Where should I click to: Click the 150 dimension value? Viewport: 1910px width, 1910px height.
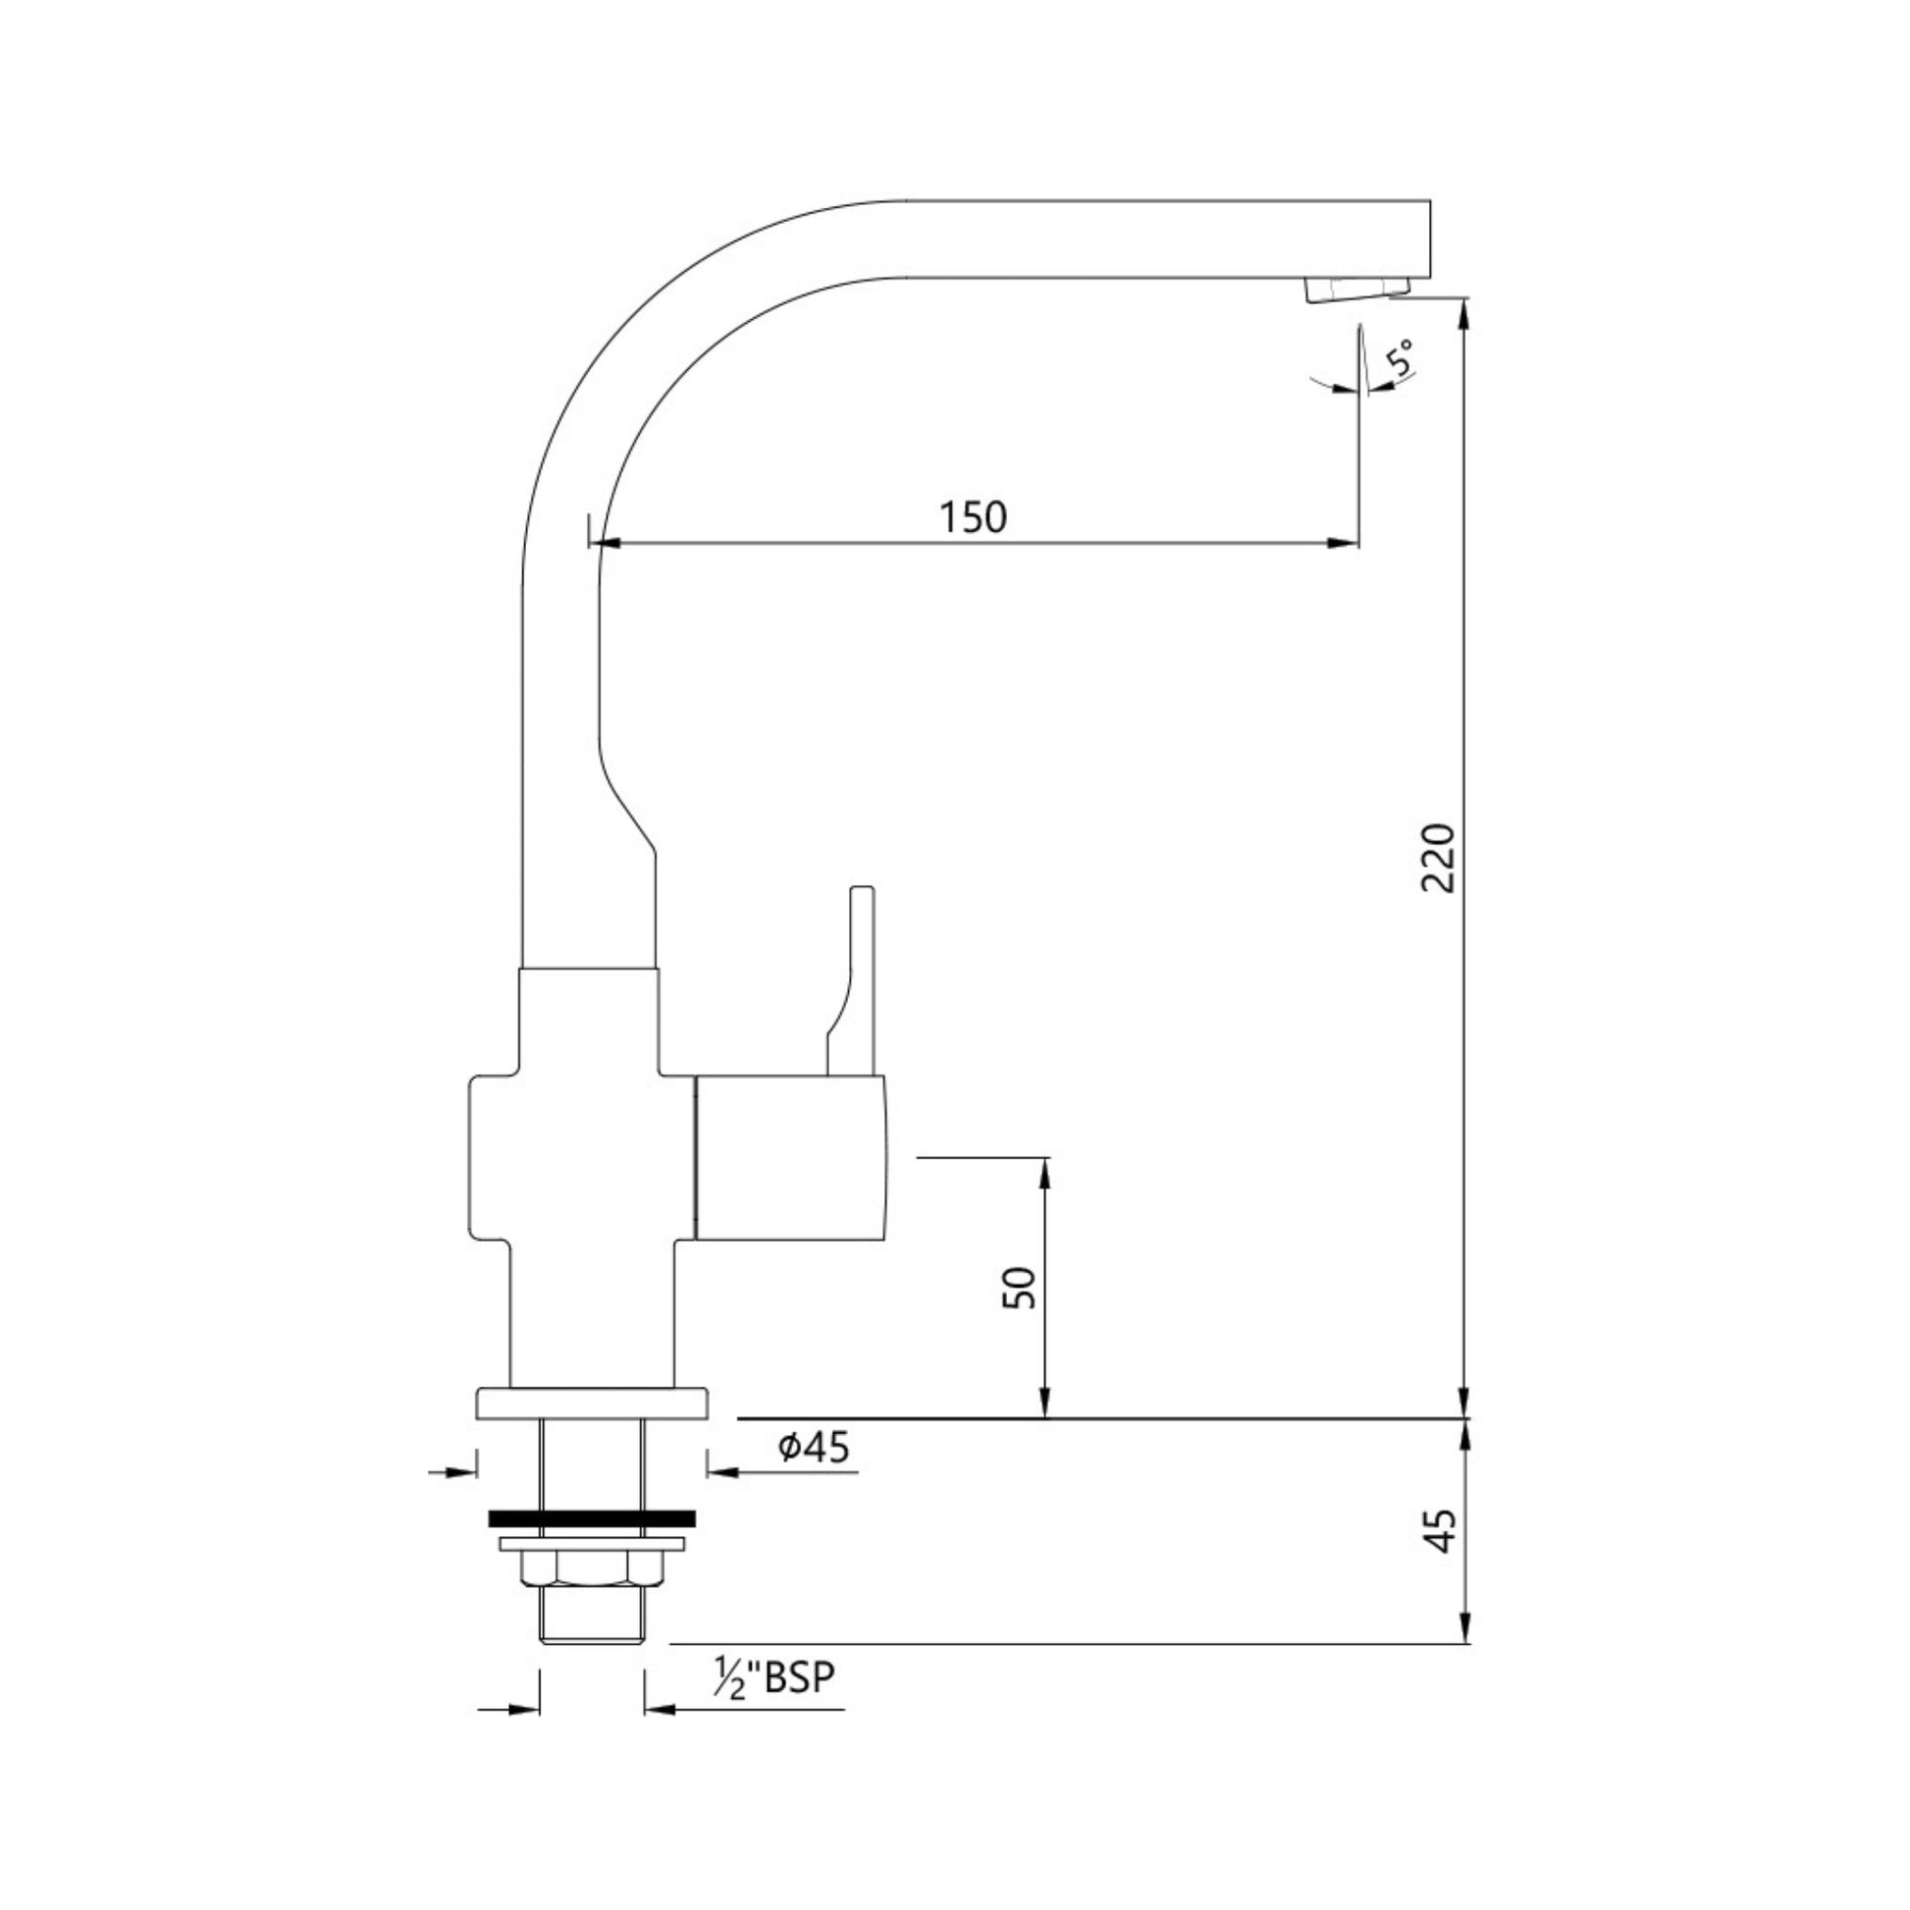coord(973,517)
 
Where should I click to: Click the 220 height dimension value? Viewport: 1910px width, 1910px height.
coord(1439,857)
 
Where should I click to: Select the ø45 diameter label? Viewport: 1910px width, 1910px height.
coord(814,1448)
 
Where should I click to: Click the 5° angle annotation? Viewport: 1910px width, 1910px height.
coord(1401,356)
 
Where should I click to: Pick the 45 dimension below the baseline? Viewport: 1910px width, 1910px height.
coord(1443,1531)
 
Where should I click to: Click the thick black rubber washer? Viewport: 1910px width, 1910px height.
coord(591,1517)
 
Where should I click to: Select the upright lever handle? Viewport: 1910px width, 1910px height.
coord(856,979)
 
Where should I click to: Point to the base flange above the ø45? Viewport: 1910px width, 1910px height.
coord(592,1404)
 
